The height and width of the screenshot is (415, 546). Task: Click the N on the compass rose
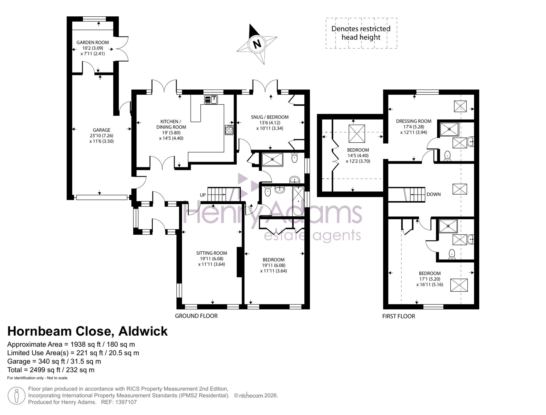(257, 44)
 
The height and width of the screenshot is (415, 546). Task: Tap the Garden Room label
(93, 43)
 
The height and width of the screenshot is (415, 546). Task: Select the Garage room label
(101, 130)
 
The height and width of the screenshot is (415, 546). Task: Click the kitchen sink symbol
(211, 100)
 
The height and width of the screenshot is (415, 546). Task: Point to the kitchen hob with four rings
(229, 130)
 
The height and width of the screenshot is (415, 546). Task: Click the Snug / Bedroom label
(270, 117)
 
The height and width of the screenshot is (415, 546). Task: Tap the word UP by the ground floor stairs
(203, 195)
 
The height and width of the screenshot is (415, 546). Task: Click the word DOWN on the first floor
(434, 195)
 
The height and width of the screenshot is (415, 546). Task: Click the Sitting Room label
(211, 253)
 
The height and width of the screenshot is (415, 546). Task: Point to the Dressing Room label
(414, 121)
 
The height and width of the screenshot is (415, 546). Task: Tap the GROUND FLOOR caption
(196, 316)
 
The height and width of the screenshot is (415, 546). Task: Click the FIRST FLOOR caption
(399, 316)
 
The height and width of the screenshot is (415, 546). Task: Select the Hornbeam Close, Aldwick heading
(87, 331)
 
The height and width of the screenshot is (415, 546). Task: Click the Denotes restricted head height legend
(361, 33)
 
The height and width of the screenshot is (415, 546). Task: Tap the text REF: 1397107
(119, 402)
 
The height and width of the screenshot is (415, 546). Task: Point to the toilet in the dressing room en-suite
(447, 156)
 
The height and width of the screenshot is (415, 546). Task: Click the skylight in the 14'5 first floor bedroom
(357, 133)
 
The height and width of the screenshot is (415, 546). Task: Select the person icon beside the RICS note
(17, 396)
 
